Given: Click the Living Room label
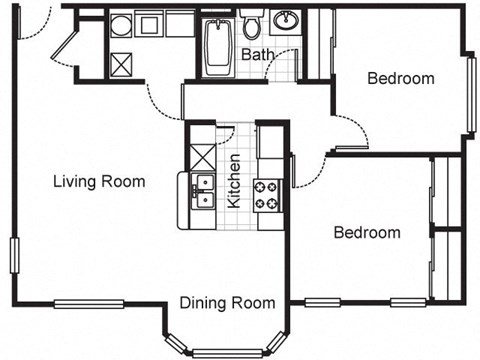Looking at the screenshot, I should coord(99,182).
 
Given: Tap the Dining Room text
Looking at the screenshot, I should coord(227,303).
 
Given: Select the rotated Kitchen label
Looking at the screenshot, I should coord(234,180).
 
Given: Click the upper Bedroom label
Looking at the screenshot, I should coord(400,79).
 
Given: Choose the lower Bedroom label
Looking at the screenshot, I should coord(366,233).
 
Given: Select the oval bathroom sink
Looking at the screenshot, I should coord(288,20).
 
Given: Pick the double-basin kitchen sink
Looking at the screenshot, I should coord(202,190).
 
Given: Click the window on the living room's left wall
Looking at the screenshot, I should coord(13,255).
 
